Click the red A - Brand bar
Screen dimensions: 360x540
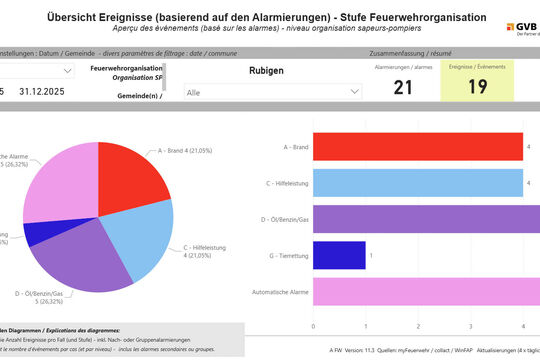pos(417,146)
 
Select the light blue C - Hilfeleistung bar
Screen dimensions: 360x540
pos(417,183)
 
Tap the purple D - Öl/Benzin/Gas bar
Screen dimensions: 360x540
pos(426,219)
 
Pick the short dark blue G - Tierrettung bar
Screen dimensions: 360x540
pos(339,255)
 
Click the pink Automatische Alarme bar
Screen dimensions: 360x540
pos(426,291)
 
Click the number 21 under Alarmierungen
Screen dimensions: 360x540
pos(402,87)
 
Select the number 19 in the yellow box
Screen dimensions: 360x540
pos(476,87)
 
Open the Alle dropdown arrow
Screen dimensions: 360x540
pos(354,91)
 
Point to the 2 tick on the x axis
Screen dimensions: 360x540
pos(418,326)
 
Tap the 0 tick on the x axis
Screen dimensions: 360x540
pos(313,326)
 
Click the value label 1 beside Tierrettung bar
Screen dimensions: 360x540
pos(371,255)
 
